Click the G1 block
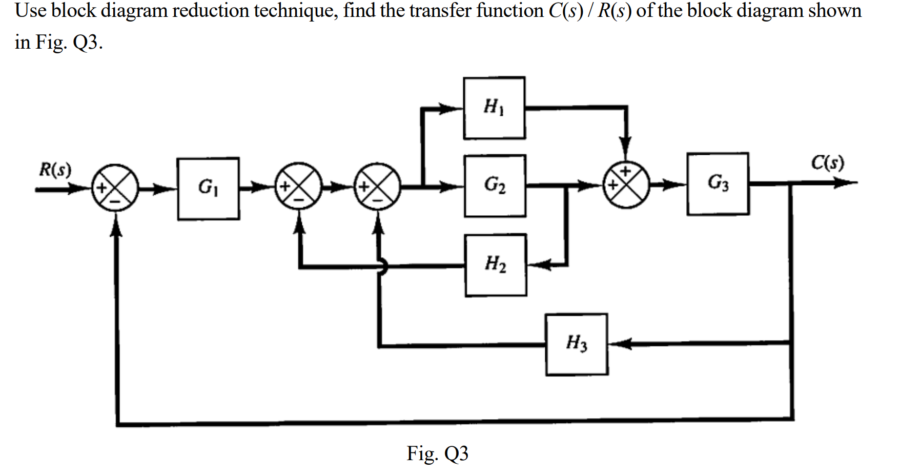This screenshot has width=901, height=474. click(208, 188)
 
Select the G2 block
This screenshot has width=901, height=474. click(495, 186)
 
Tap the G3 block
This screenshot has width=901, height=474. click(718, 183)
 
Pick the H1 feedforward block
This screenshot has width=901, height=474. click(494, 108)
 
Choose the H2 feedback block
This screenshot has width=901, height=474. click(496, 265)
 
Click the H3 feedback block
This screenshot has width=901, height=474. click(577, 344)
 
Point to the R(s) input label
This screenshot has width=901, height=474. click(55, 169)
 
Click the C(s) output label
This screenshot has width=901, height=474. click(827, 163)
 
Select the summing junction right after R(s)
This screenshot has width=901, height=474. click(115, 188)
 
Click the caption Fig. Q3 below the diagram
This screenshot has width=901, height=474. click(437, 454)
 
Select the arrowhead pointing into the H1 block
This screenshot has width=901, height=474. click(454, 108)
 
